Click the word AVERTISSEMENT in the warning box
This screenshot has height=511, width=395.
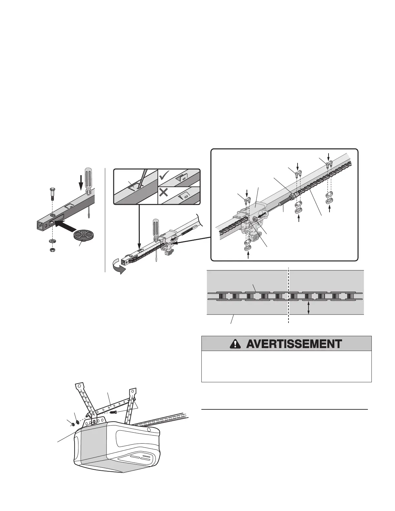(294, 344)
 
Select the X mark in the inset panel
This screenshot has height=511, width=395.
(164, 193)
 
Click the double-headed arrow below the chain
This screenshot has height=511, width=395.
(309, 307)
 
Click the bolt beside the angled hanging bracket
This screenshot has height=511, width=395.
(113, 412)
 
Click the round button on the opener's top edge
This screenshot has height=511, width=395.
(148, 430)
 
